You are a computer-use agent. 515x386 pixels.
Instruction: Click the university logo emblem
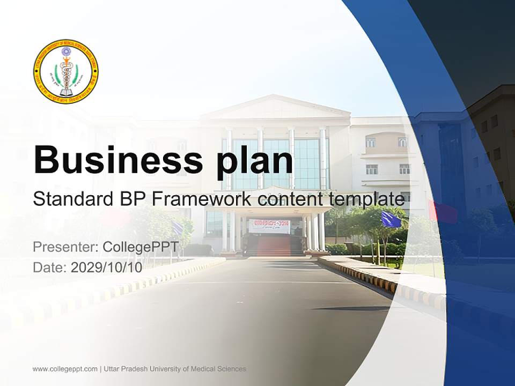65,72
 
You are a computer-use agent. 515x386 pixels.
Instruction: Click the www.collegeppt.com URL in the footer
65,369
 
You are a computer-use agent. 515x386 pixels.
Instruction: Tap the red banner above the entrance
269,226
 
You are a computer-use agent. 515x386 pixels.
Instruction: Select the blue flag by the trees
391,219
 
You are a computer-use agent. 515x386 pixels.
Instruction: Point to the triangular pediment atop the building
275,107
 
